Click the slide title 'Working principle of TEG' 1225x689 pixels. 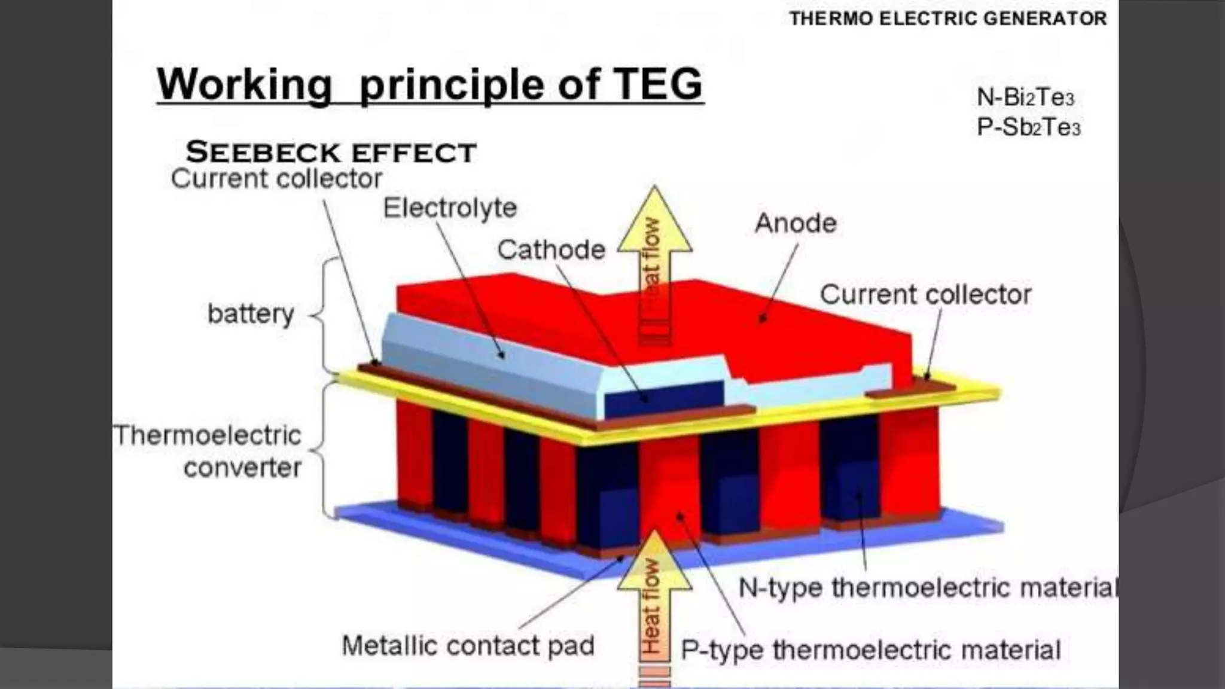[x=429, y=85]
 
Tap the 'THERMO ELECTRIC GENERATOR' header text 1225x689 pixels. [x=948, y=19]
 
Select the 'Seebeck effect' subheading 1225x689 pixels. [x=331, y=153]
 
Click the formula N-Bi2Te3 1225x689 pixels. [x=1025, y=97]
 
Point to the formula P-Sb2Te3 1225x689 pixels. [x=1028, y=127]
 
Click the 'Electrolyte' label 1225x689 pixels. [x=450, y=208]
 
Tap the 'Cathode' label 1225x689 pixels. [x=551, y=250]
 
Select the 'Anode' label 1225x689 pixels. [x=796, y=224]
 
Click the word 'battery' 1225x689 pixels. [x=251, y=313]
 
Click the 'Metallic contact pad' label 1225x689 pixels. [x=468, y=646]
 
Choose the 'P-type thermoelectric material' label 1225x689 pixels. [x=870, y=650]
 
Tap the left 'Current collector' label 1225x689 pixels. [x=276, y=179]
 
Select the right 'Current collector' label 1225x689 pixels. [x=925, y=295]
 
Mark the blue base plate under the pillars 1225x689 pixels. [x=778, y=550]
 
